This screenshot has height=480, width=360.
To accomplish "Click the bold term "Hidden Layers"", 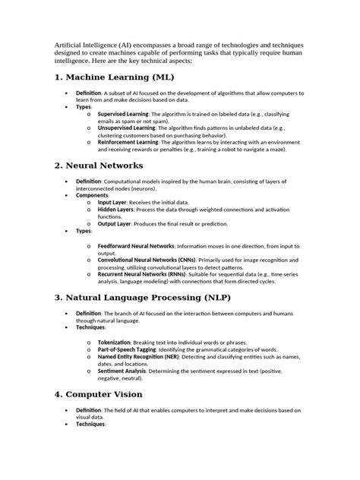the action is (x=117, y=210).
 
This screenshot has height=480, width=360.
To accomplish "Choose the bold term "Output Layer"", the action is (x=115, y=223).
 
